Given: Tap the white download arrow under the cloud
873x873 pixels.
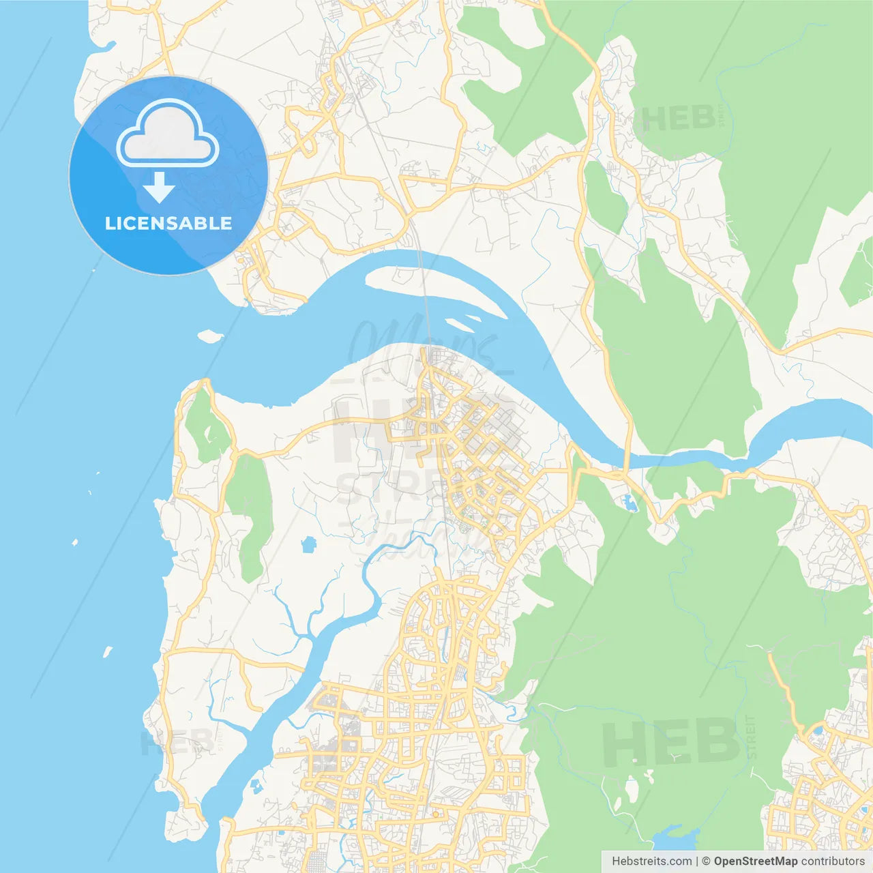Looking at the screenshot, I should tap(159, 188).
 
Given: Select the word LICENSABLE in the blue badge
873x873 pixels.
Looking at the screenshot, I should tap(168, 223).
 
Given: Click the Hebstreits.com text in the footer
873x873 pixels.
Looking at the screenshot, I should tap(651, 861).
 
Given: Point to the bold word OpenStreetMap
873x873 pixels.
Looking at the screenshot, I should tap(755, 861).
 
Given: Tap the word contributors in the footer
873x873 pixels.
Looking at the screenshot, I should tap(832, 861).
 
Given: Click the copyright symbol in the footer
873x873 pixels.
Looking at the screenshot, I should tap(706, 861).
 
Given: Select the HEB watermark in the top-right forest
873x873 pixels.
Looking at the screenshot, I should tap(679, 119).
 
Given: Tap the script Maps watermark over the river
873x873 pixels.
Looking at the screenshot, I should tap(423, 341).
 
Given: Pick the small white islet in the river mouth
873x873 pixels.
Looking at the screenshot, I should tap(210, 336).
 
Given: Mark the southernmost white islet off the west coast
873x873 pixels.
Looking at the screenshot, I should tap(107, 652).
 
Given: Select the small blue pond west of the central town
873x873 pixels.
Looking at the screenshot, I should tap(309, 544).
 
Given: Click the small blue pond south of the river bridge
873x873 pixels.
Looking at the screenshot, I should tap(630, 504).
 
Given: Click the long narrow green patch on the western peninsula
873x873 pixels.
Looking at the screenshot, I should tap(249, 512).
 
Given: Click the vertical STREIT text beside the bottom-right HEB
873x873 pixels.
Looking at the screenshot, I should tap(751, 737).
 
